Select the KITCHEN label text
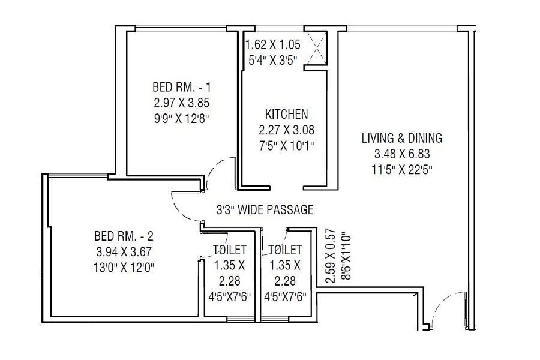[x=286, y=114]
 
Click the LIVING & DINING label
[x=401, y=138]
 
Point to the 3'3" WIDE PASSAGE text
[x=265, y=210]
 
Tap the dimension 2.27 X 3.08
[x=286, y=129]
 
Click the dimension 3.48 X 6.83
[x=401, y=154]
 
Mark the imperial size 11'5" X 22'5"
[x=401, y=169]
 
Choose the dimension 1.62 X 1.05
[x=272, y=44]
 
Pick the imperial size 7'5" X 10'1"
[x=286, y=144]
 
